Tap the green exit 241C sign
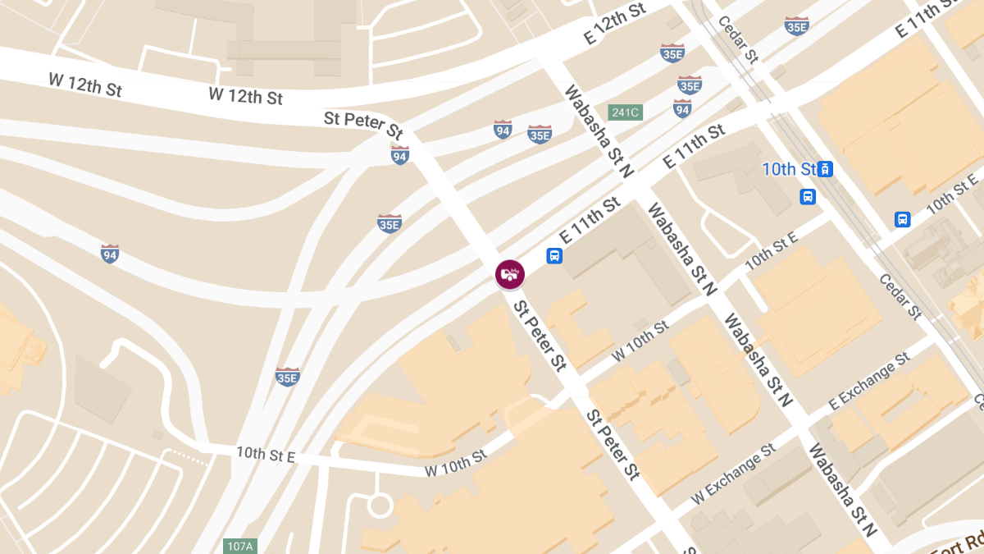coord(625,112)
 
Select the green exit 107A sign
coord(240,546)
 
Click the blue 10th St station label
coord(790,169)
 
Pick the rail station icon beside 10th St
coord(826,169)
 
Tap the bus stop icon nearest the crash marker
coord(555,256)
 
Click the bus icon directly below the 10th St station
coord(809,196)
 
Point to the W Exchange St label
coord(733,474)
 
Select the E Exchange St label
coord(869,382)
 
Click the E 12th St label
coord(615,23)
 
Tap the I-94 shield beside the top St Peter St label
coord(399,154)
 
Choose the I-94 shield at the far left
coord(110,254)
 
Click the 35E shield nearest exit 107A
coord(287,377)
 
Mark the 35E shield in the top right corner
coord(796,26)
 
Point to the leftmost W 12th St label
coord(85,85)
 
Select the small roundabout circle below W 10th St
coord(380,503)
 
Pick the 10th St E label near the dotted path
coord(265,454)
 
